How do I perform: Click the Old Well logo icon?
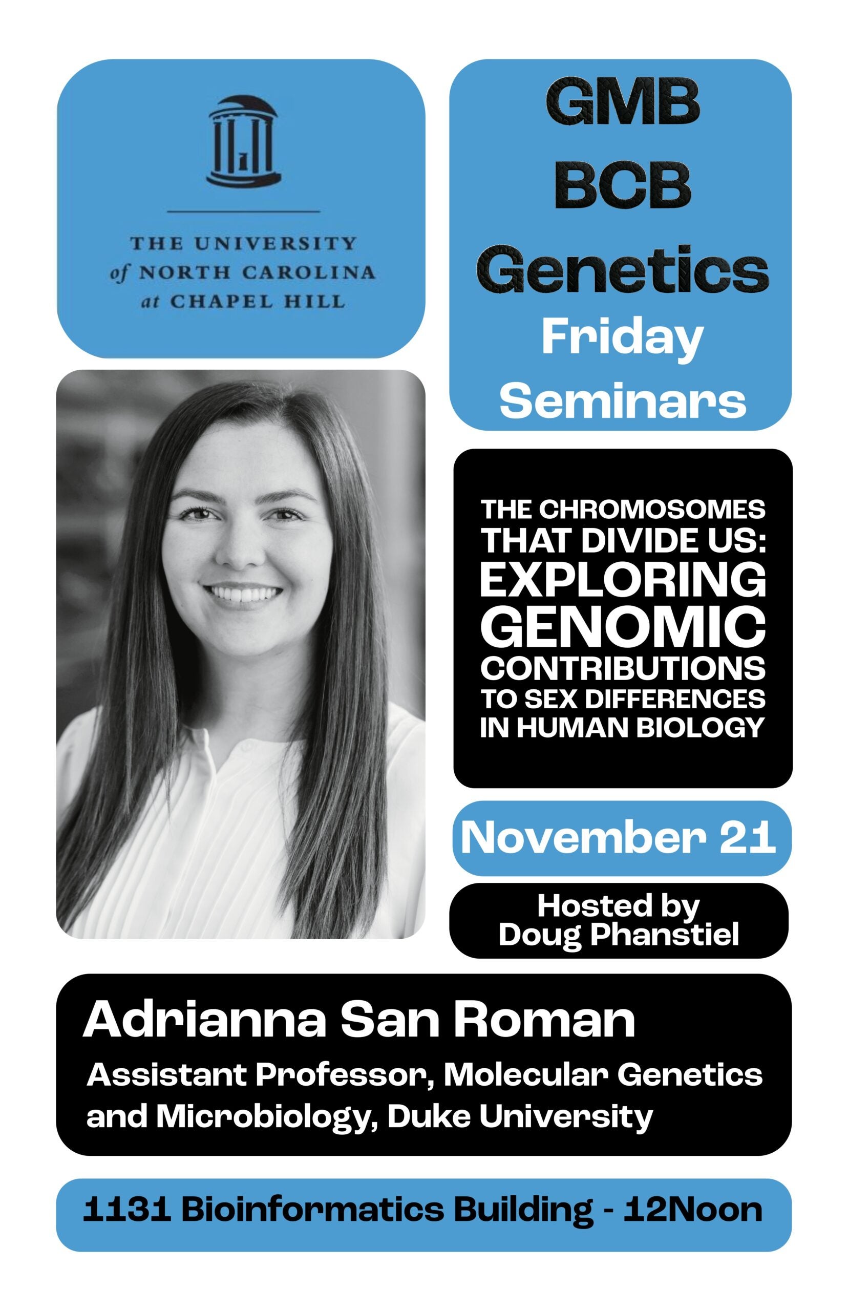[x=243, y=142]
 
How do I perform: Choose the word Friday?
[x=622, y=338]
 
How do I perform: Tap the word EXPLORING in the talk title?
[x=623, y=581]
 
